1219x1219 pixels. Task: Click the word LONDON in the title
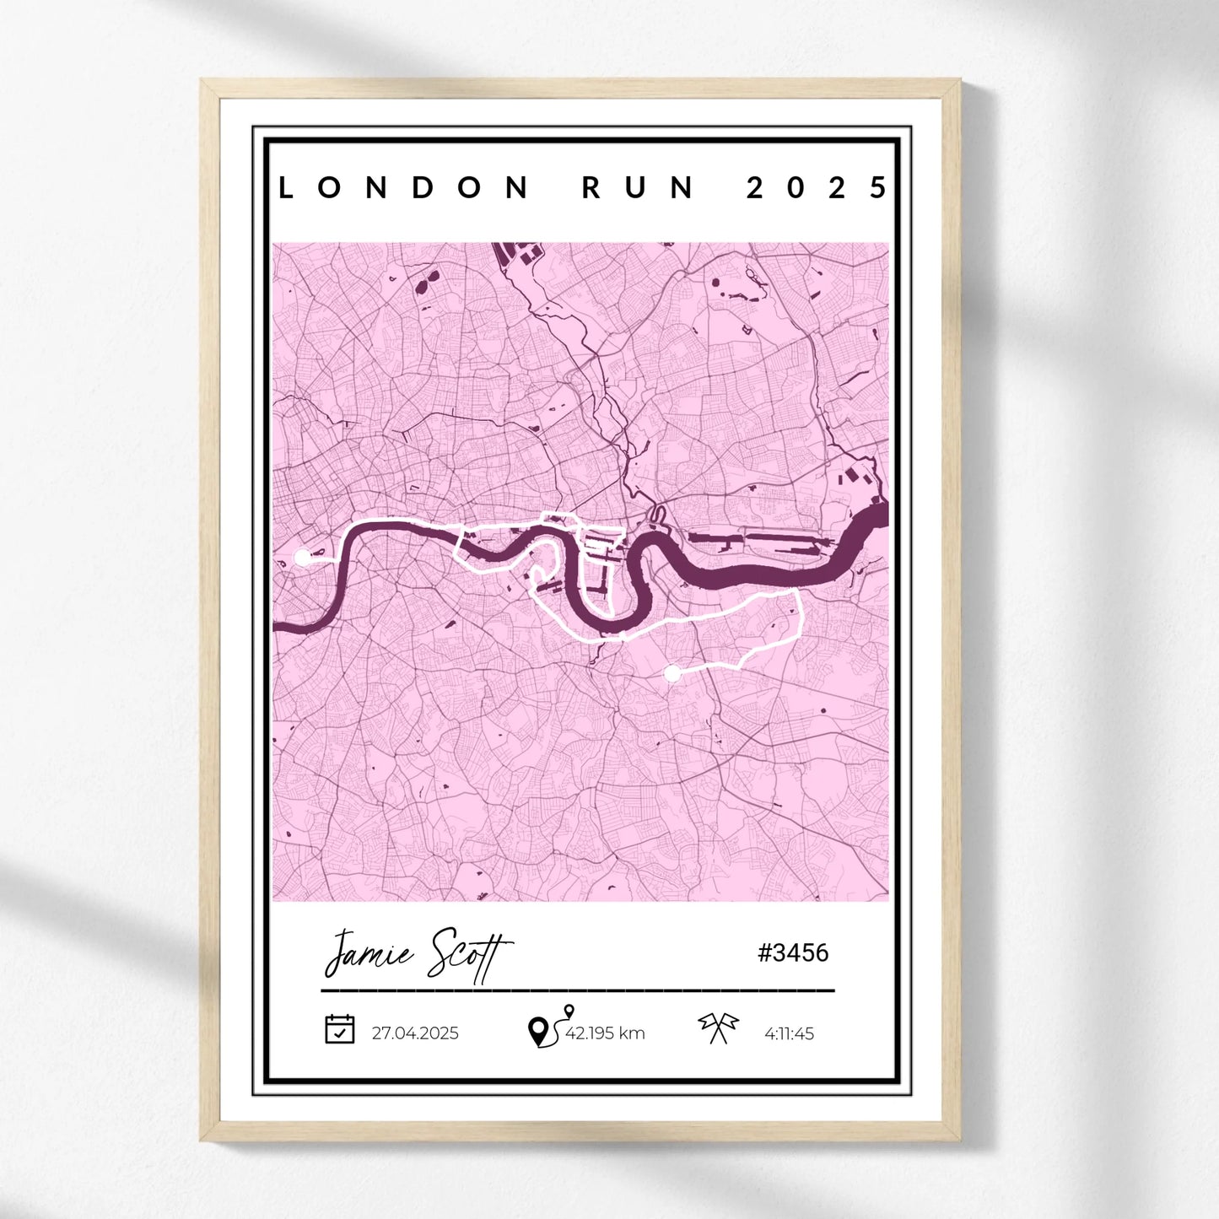403,187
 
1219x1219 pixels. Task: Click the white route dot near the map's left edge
302,557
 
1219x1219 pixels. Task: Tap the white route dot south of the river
672,673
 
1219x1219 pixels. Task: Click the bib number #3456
793,953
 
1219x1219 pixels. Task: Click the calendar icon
340,1029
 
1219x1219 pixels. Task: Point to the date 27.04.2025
415,1033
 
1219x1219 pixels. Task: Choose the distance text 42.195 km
605,1033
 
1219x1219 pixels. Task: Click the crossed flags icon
718,1028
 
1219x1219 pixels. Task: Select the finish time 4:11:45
789,1033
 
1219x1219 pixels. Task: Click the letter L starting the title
286,187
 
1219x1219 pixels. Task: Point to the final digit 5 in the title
879,187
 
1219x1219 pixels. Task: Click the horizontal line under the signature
578,990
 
